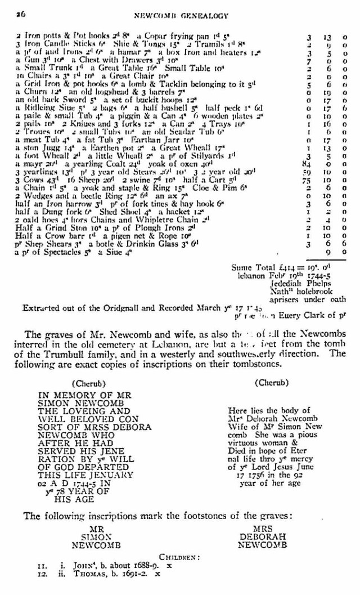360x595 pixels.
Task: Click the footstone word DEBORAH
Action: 263,537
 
